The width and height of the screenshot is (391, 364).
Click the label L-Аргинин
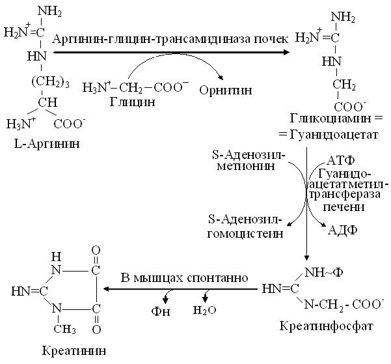tap(47, 144)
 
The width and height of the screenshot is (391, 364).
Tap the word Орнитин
tap(226, 91)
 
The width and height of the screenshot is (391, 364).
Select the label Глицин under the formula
tap(132, 102)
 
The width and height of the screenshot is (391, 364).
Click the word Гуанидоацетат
tap(334, 135)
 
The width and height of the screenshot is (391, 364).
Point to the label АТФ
tap(340, 161)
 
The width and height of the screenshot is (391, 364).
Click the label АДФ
tap(343, 230)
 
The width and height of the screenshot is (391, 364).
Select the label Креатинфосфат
tap(326, 326)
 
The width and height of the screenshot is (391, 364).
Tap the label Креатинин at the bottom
tap(74, 351)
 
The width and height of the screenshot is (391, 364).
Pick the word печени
tap(344, 207)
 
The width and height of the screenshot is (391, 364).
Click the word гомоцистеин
tap(245, 234)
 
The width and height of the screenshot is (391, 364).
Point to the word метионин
tap(246, 166)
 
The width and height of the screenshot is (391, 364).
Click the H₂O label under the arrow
tap(205, 310)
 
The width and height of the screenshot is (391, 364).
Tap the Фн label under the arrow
tap(161, 311)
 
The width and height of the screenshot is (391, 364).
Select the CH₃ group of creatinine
tap(64, 329)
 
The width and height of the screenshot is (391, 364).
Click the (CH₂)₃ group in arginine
tap(50, 83)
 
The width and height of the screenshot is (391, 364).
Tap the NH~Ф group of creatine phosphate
tap(324, 273)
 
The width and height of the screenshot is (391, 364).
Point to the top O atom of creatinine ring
tap(96, 251)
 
